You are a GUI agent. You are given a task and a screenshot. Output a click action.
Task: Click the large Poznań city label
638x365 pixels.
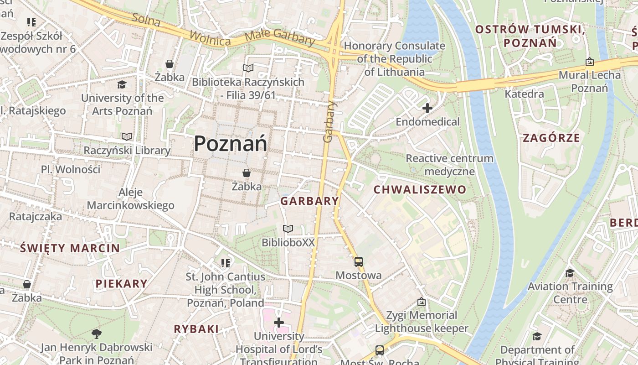pyautogui.click(x=230, y=144)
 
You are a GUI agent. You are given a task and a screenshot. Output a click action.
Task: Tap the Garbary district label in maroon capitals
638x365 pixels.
pyautogui.click(x=309, y=201)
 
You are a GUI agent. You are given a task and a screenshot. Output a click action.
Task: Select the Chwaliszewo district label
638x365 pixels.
pyautogui.click(x=420, y=189)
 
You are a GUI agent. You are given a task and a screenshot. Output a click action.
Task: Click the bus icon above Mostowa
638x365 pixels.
pyautogui.click(x=359, y=262)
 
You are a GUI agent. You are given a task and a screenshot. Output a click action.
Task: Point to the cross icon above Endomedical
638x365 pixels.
pyautogui.click(x=427, y=108)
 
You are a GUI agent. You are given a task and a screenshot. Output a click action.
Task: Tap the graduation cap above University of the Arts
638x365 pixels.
pyautogui.click(x=122, y=84)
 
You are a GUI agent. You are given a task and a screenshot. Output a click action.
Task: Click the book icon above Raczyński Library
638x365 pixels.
pyautogui.click(x=127, y=136)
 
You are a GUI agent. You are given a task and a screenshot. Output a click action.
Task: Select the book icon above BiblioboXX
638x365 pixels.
pyautogui.click(x=288, y=229)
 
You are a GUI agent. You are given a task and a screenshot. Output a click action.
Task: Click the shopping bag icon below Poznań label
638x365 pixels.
pyautogui.click(x=247, y=173)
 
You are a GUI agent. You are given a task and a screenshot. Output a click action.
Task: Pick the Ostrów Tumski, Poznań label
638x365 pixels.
pyautogui.click(x=530, y=36)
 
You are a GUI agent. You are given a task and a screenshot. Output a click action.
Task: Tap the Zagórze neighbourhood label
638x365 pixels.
pyautogui.click(x=551, y=138)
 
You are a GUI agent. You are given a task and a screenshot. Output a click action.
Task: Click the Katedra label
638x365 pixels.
pyautogui.click(x=524, y=94)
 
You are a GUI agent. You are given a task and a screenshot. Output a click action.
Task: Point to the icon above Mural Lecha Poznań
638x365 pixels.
pyautogui.click(x=589, y=61)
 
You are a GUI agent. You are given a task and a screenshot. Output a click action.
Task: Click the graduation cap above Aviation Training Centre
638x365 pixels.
pyautogui.click(x=570, y=273)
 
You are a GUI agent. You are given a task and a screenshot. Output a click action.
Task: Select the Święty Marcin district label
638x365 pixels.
pyautogui.click(x=70, y=248)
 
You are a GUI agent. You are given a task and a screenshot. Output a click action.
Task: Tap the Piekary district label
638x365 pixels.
pyautogui.click(x=121, y=283)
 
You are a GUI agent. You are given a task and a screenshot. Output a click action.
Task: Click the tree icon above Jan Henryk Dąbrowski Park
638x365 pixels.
pyautogui.click(x=96, y=334)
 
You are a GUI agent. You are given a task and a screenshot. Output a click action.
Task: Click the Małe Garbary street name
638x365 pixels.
pyautogui.click(x=280, y=37)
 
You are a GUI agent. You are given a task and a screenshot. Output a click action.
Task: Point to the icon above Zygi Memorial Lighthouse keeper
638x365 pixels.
pyautogui.click(x=422, y=302)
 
